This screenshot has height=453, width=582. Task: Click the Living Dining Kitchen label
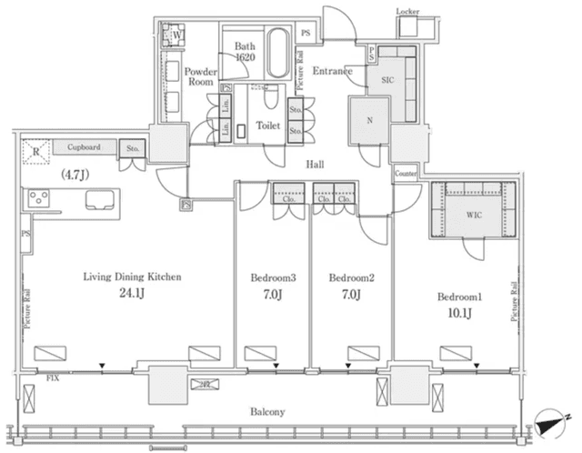(x=128, y=276)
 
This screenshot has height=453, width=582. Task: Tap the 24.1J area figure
(x=128, y=294)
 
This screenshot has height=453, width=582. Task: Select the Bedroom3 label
(x=272, y=276)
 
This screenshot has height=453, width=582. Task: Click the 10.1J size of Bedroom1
(x=457, y=315)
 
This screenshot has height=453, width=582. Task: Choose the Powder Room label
(x=198, y=77)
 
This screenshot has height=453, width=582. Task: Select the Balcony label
(x=267, y=411)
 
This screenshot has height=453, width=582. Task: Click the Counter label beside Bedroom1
(x=406, y=173)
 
